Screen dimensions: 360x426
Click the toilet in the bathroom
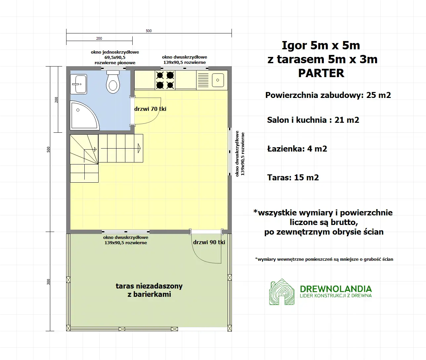pyautogui.click(x=113, y=83)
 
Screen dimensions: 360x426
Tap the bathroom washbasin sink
pyautogui.click(x=79, y=84)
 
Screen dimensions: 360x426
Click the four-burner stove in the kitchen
pyautogui.click(x=165, y=80)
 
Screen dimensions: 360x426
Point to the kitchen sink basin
pyautogui.click(x=218, y=80)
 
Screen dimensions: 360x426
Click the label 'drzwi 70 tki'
pyautogui.click(x=150, y=109)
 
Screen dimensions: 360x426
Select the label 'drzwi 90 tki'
pyautogui.click(x=209, y=242)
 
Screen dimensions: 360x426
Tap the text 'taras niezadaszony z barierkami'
pyautogui.click(x=149, y=290)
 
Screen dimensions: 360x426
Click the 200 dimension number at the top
pyautogui.click(x=99, y=38)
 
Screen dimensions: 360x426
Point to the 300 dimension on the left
pyautogui.click(x=49, y=282)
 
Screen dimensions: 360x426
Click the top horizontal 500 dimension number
pyautogui.click(x=149, y=31)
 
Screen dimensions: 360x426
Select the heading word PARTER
pyautogui.click(x=321, y=73)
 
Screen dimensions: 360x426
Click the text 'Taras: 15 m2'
pyautogui.click(x=293, y=178)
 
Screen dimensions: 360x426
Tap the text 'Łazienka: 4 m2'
pyautogui.click(x=297, y=149)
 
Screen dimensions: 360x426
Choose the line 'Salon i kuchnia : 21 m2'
pyautogui.click(x=313, y=120)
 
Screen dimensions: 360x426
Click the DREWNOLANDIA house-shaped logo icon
pyautogui.click(x=281, y=292)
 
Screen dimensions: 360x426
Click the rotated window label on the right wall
pyautogui.click(x=240, y=154)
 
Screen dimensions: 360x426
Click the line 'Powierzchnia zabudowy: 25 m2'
pyautogui.click(x=328, y=95)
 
